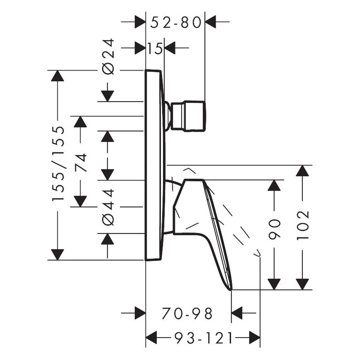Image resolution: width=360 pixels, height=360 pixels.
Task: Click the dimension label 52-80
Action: pyautogui.click(x=175, y=22)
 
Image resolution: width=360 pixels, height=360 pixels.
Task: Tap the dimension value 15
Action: pyautogui.click(x=155, y=49)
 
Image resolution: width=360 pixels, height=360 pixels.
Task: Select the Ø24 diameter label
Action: pyautogui.click(x=108, y=56)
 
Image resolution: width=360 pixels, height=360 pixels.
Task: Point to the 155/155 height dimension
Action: pyautogui.click(x=58, y=163)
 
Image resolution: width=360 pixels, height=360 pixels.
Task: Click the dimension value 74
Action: pyautogui.click(x=80, y=162)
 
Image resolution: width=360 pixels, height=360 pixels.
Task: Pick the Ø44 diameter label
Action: pyautogui.click(x=108, y=207)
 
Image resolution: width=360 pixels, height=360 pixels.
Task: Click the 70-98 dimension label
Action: pyautogui.click(x=187, y=314)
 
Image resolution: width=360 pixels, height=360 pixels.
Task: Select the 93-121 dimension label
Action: pyautogui.click(x=203, y=338)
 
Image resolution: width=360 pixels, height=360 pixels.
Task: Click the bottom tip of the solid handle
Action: pyautogui.click(x=231, y=289)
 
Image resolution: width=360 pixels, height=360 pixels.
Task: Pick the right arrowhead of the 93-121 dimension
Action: pyautogui.click(x=254, y=338)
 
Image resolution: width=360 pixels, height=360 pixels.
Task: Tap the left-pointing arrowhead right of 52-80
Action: pyautogui.click(x=211, y=22)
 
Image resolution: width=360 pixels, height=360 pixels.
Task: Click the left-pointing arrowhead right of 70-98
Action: pyautogui.click(x=237, y=314)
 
